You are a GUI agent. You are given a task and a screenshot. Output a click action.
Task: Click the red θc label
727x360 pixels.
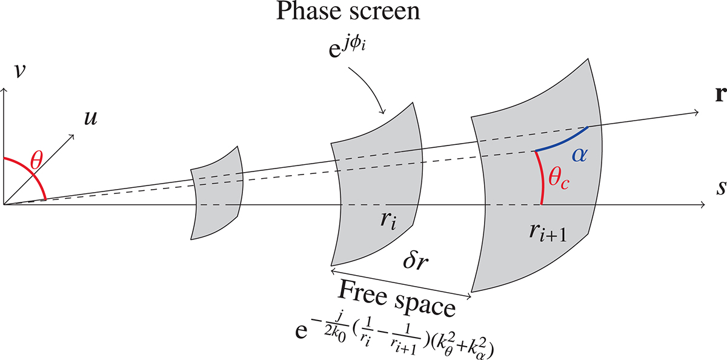pyautogui.click(x=560, y=179)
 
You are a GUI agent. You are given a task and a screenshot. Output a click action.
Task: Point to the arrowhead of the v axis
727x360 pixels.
pyautogui.click(x=5, y=90)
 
